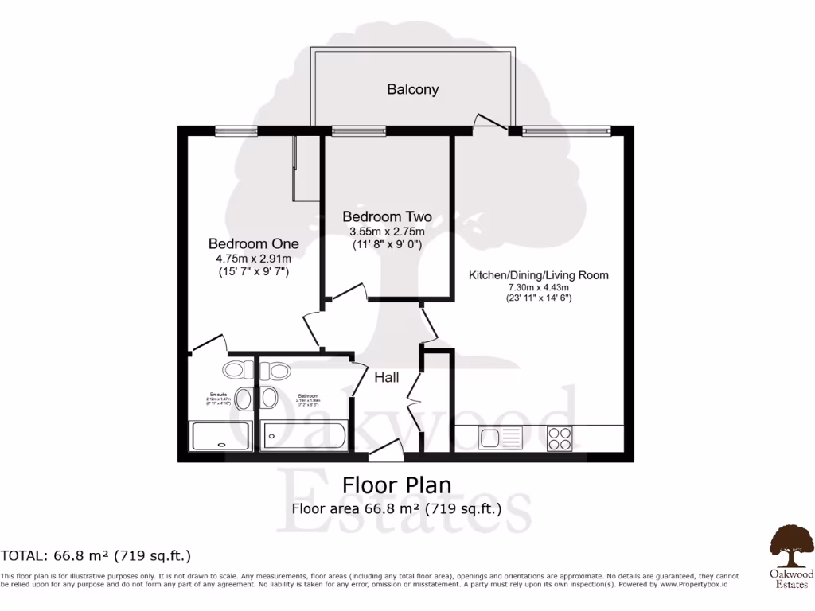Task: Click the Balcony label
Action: tap(412, 89)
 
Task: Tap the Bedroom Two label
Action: tap(387, 216)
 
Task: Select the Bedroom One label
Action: tap(253, 243)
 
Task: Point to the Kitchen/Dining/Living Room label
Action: tap(538, 275)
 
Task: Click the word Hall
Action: tap(387, 378)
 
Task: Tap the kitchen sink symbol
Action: tap(500, 437)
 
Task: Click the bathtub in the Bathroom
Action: tap(305, 437)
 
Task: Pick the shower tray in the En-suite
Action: tap(220, 437)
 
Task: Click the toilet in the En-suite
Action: tap(234, 369)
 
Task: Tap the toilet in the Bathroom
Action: tap(278, 369)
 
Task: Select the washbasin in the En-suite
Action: tap(246, 398)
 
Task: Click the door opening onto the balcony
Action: tap(490, 122)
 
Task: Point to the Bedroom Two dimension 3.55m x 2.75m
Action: tap(387, 232)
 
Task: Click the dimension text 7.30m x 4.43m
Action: tap(538, 287)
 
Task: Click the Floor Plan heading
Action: tap(396, 485)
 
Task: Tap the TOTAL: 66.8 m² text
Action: tap(96, 555)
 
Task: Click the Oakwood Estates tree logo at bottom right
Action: tap(790, 543)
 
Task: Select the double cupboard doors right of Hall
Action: tap(414, 394)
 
